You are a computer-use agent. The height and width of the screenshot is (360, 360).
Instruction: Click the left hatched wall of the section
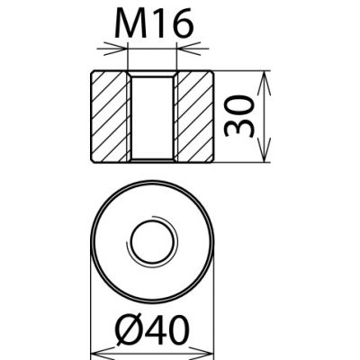(110, 116)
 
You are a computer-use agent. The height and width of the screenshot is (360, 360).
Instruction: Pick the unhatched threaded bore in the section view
(152, 116)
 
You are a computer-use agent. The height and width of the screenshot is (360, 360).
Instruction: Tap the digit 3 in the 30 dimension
(237, 130)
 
